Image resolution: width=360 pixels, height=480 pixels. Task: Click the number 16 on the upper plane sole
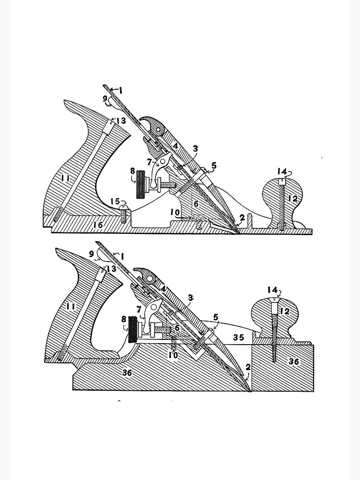click(98, 225)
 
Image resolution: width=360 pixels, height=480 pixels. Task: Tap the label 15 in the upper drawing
click(115, 202)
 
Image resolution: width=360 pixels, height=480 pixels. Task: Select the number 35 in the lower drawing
click(238, 337)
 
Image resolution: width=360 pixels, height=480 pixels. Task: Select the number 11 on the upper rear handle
click(65, 178)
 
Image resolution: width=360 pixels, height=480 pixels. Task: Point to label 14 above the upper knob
click(282, 171)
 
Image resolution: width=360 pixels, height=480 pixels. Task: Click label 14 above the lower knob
click(272, 289)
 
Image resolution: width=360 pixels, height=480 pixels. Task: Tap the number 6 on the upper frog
click(196, 204)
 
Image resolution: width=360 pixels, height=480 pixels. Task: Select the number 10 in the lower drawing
click(173, 355)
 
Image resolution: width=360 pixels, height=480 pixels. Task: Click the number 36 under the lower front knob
click(294, 361)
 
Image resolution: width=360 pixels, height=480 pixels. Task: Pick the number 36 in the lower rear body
click(127, 372)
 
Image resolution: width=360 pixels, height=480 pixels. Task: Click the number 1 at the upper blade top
click(121, 90)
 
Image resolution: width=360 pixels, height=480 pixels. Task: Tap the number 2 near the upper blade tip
click(242, 217)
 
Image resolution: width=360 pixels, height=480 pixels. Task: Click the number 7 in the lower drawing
click(139, 310)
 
